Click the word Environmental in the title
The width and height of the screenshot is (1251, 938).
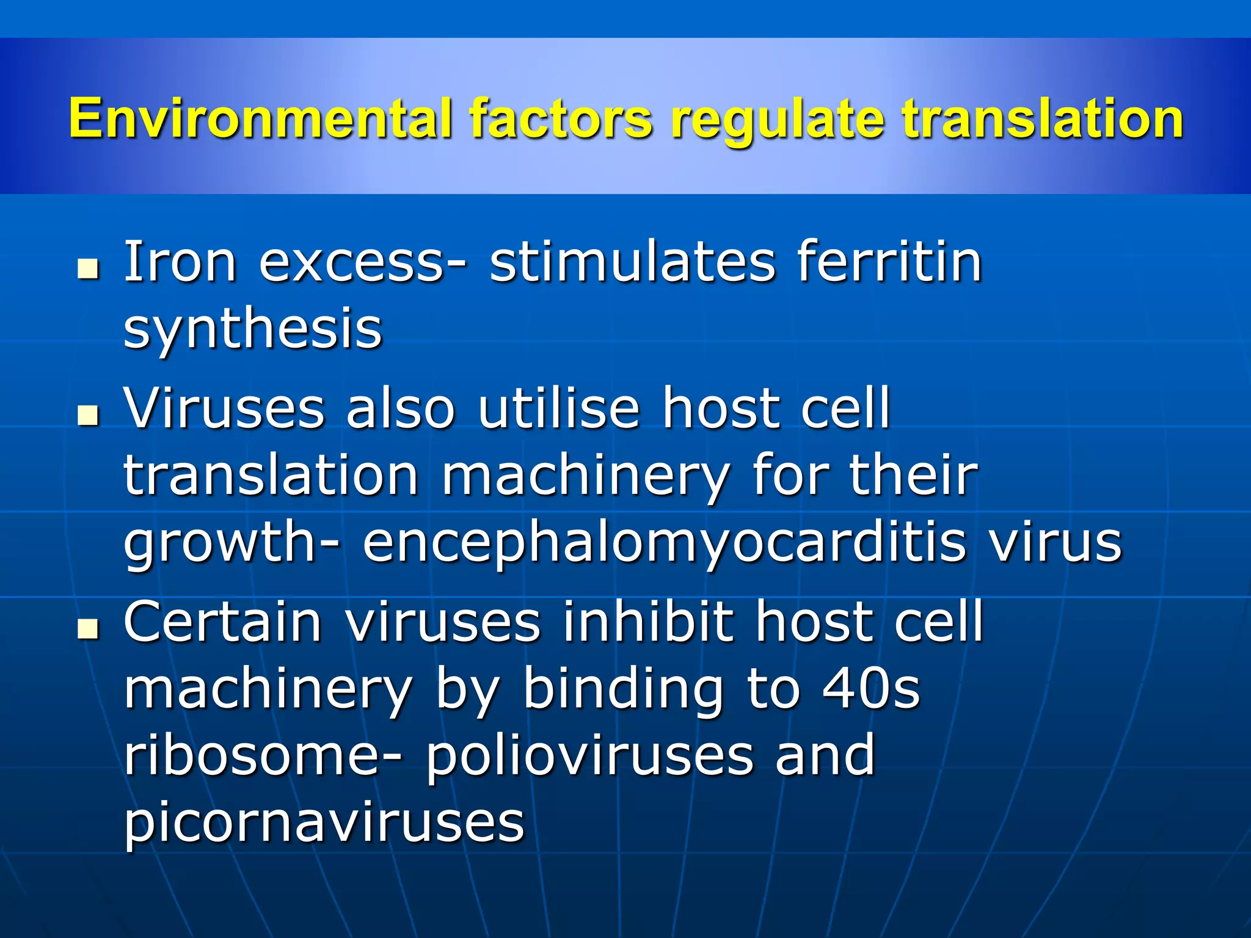point(260,118)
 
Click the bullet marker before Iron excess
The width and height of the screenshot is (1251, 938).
point(89,269)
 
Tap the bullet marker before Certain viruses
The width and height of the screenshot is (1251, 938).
point(89,628)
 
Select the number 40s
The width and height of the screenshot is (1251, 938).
point(870,688)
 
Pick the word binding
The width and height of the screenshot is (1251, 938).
point(623,688)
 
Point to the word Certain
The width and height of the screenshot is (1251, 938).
point(223,621)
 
